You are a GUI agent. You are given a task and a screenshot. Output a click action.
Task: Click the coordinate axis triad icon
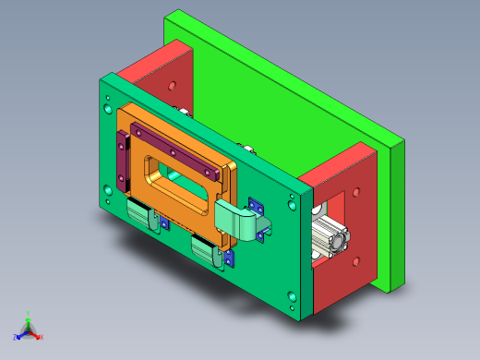[28, 329]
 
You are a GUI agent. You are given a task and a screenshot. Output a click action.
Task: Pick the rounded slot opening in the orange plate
[179, 177]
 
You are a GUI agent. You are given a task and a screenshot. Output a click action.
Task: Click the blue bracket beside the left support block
[164, 222]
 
